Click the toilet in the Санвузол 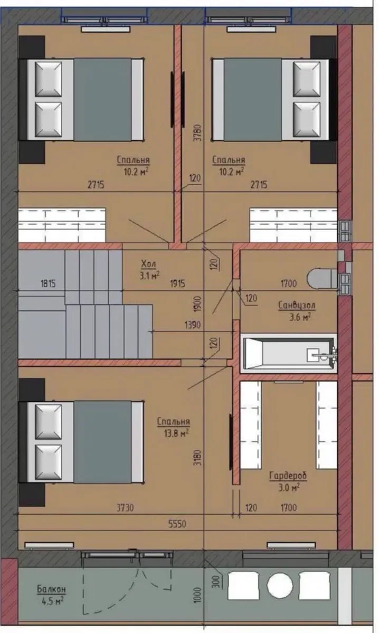pos(322,278)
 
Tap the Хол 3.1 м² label pos(150,269)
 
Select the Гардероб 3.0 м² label pos(288,481)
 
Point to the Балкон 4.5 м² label pos(51,594)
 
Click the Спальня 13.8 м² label pos(173,427)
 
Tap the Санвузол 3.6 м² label pos(297,310)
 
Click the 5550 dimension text pos(177,524)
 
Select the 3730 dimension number pos(125,507)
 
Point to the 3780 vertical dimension pos(197,133)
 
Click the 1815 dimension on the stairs pos(48,284)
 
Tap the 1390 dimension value pos(193,324)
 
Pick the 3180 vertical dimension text pos(197,457)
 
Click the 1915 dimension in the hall pos(177,284)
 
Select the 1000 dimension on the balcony pos(197,595)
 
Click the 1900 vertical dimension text pos(197,304)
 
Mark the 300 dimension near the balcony pos(217,581)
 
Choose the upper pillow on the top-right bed pos(307,79)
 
